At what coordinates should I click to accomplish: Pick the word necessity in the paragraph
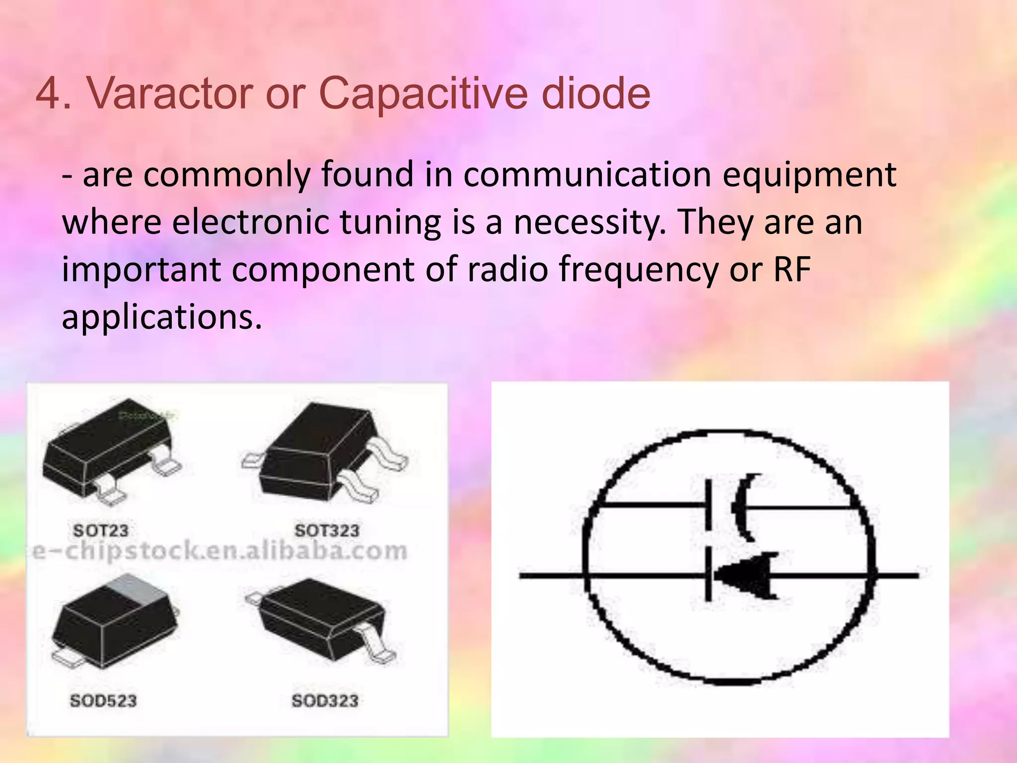pyautogui.click(x=587, y=222)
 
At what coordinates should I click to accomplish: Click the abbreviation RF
pyautogui.click(x=792, y=269)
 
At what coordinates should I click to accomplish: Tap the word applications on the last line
pyautogui.click(x=161, y=317)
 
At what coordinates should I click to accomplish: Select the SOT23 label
pyautogui.click(x=101, y=531)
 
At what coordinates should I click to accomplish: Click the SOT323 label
pyautogui.click(x=327, y=531)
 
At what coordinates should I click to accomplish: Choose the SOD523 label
pyautogui.click(x=103, y=701)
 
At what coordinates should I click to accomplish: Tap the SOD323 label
pyautogui.click(x=325, y=701)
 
